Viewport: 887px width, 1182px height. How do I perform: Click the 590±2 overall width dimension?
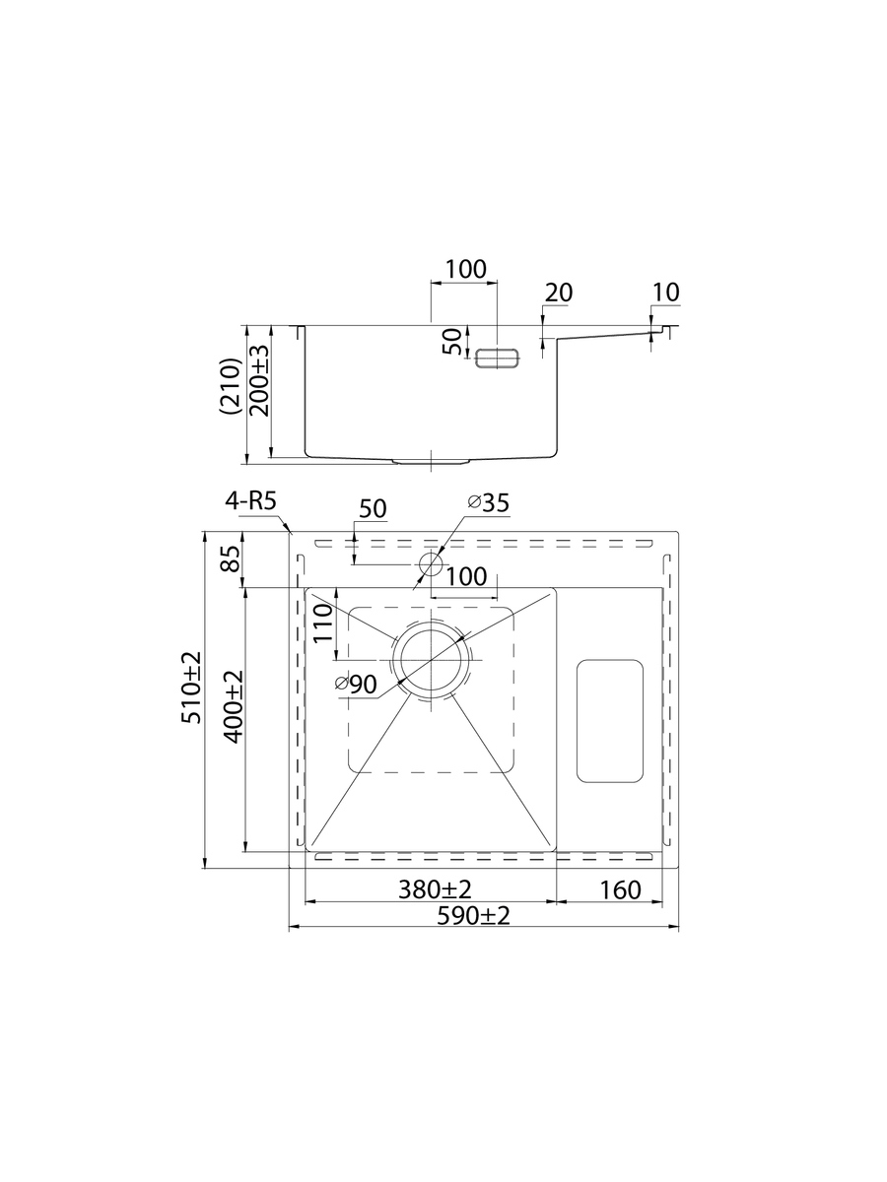pos(472,916)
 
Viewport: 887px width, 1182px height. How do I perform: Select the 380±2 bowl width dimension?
pos(435,889)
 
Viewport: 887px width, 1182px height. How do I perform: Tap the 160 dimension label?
pos(620,890)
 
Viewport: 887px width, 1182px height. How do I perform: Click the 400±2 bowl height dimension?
pos(234,706)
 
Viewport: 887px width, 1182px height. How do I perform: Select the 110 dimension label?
pos(323,624)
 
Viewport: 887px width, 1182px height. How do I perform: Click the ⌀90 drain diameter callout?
pos(356,685)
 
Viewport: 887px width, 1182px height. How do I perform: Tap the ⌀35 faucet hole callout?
pos(489,503)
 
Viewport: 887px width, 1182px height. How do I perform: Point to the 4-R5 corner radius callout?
pos(250,501)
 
